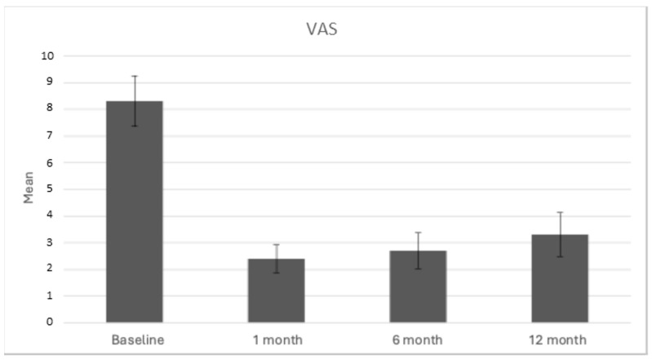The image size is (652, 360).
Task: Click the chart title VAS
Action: (x=317, y=30)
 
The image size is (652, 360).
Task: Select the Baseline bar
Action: (x=135, y=212)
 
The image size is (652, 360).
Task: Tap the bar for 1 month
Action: (x=276, y=291)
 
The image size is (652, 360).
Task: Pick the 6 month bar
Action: (x=418, y=287)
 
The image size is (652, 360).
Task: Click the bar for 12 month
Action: (x=560, y=278)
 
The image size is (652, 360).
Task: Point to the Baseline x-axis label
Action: (x=135, y=338)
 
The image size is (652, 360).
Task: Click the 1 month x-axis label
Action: (x=276, y=338)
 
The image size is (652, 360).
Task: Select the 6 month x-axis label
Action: (x=418, y=338)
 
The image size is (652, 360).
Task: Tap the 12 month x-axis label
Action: (x=560, y=338)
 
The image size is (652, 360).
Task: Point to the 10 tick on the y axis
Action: (x=47, y=56)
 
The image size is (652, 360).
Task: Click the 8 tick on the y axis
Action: (x=50, y=109)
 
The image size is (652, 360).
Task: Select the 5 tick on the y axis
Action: (x=50, y=189)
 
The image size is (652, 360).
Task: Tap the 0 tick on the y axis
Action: (x=50, y=322)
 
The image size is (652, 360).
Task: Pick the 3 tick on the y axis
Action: (x=50, y=242)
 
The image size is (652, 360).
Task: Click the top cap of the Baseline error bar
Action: (x=135, y=76)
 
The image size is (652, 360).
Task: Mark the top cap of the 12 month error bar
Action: (x=560, y=212)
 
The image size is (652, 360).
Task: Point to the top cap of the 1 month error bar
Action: (x=276, y=245)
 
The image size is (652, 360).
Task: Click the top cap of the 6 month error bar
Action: (x=418, y=233)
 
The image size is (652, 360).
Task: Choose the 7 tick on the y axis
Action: (x=50, y=136)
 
